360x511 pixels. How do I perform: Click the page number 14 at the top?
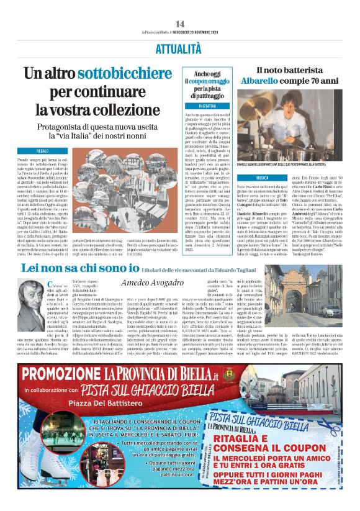pyautogui.click(x=180, y=24)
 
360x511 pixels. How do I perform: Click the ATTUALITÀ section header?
pyautogui.click(x=180, y=47)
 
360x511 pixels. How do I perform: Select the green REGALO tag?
pyautogui.click(x=43, y=151)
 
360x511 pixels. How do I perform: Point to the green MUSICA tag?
pyautogui.click(x=262, y=177)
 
